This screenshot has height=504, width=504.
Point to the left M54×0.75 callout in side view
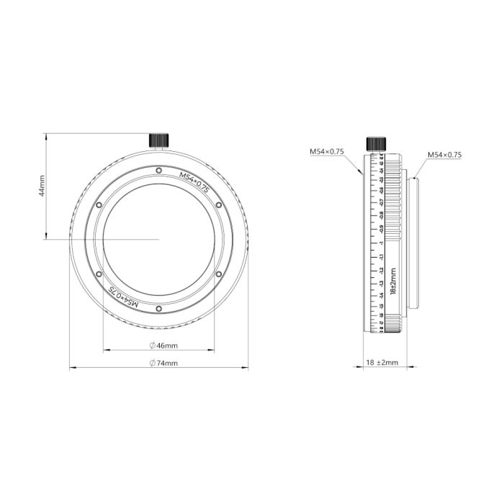(x=327, y=152)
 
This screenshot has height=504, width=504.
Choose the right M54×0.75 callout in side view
(x=444, y=155)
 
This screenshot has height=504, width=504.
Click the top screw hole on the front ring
(x=158, y=170)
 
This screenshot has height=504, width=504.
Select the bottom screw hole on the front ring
(x=158, y=310)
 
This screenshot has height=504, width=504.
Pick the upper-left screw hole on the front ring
(x=99, y=205)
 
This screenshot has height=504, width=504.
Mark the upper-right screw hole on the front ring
(x=218, y=205)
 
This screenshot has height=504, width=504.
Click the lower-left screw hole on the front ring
(x=99, y=274)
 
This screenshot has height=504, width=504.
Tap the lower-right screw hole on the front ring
(x=218, y=274)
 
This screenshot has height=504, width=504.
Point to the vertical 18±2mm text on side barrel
(x=392, y=282)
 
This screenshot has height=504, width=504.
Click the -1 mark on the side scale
(x=381, y=243)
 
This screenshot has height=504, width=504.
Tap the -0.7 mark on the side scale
(x=381, y=202)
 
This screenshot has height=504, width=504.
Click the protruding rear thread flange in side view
(x=411, y=240)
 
